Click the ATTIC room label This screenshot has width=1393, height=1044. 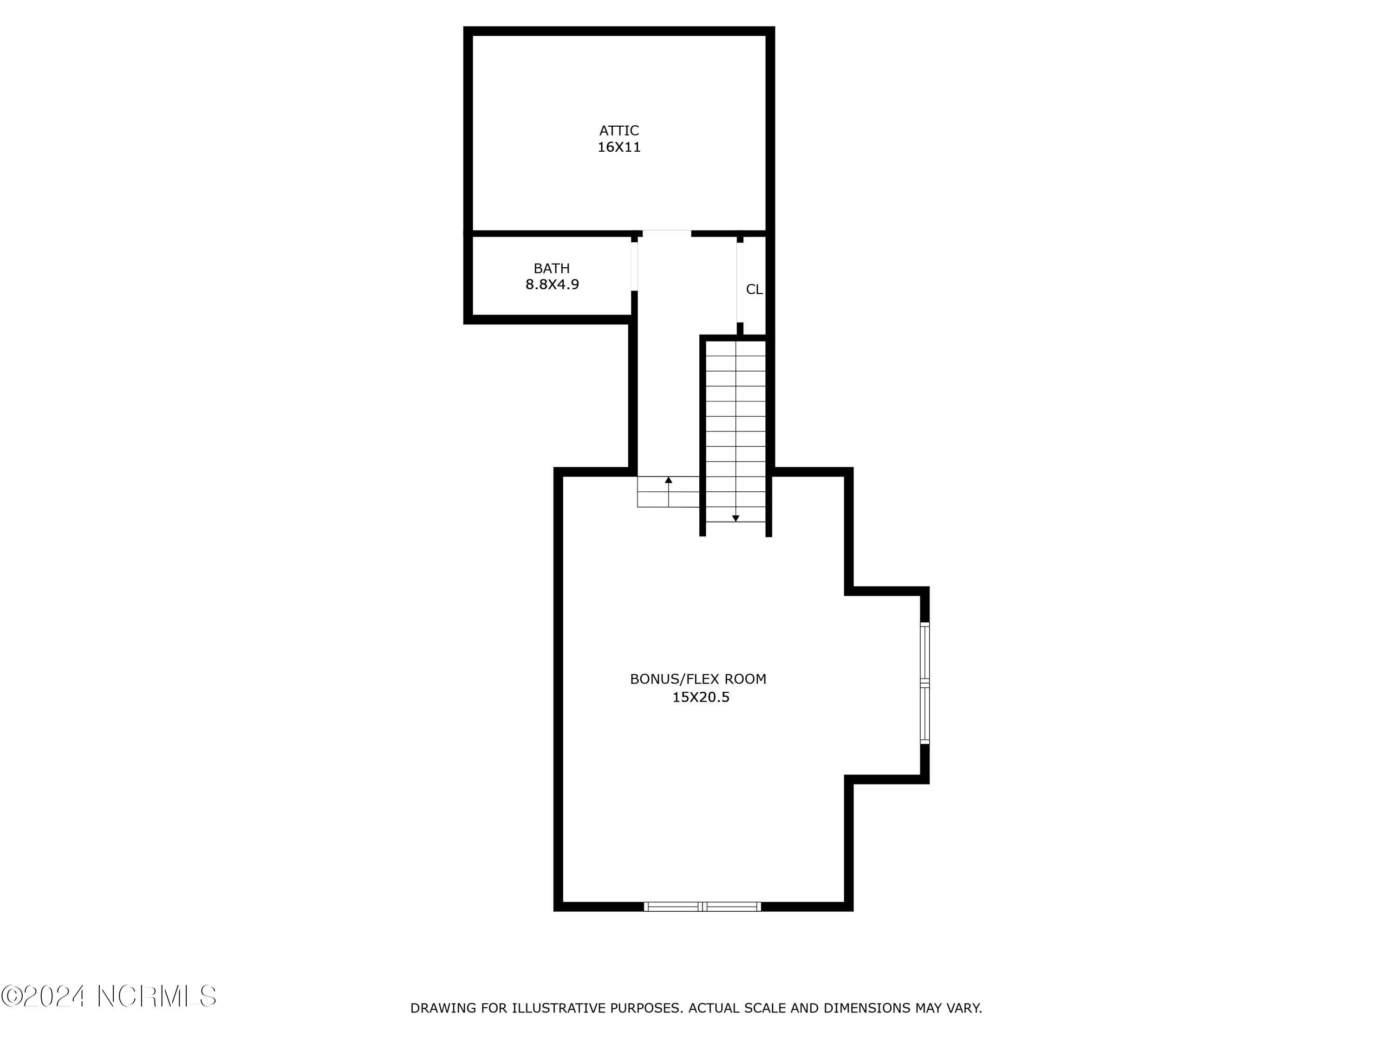coord(618,131)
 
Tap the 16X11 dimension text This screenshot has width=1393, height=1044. coord(618,147)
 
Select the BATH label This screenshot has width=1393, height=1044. coord(551,269)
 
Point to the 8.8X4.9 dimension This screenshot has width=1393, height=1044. coord(552,284)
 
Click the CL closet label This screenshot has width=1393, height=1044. coord(754,290)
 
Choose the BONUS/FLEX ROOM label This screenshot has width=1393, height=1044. coord(698,679)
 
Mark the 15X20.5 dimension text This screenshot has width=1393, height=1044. coord(700,697)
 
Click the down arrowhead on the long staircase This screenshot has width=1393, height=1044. coord(736,519)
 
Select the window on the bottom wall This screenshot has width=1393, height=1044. coord(702,907)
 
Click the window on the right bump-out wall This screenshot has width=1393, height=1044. coord(924,683)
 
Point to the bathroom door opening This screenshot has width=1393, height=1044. coord(635,264)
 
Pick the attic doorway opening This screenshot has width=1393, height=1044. coord(666,233)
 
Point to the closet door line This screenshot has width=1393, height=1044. coord(737,282)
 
